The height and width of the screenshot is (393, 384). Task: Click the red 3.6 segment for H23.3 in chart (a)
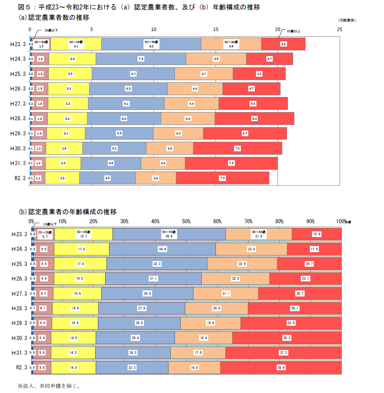(283, 44)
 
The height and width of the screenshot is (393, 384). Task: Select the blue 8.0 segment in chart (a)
(151, 44)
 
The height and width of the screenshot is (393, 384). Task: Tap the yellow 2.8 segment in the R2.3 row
(62, 178)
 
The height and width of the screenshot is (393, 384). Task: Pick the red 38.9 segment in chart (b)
(281, 368)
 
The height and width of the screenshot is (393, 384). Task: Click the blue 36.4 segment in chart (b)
(169, 234)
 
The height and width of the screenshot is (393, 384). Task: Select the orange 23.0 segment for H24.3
(251, 249)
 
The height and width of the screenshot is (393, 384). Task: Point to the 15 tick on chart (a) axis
(216, 29)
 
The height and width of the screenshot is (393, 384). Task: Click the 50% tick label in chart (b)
(186, 221)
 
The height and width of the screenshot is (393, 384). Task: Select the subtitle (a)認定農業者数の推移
(54, 18)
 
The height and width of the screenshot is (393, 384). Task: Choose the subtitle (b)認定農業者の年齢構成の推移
(67, 212)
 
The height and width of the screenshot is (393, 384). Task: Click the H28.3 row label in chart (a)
(19, 119)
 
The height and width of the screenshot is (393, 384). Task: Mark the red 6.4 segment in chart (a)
(254, 119)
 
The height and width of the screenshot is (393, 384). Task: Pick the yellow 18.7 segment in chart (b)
(83, 234)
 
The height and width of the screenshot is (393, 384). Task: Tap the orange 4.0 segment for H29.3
(178, 134)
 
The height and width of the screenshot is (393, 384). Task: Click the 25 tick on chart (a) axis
(340, 29)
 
